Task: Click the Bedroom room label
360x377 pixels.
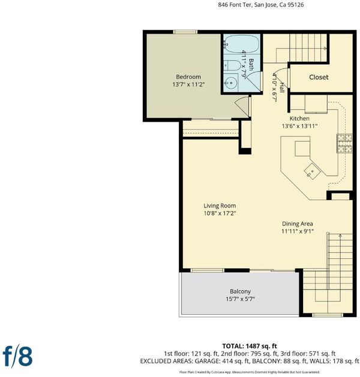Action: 188,77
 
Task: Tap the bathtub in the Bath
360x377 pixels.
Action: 241,44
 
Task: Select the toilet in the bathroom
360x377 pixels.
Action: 232,65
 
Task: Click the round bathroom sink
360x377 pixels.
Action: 231,83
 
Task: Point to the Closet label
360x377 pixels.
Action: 319,77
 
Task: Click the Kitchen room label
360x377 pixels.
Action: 299,118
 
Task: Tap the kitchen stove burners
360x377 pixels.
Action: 344,143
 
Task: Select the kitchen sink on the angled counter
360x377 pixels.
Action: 312,171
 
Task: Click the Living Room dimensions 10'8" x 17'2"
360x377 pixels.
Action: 220,213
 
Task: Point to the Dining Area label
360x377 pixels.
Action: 298,224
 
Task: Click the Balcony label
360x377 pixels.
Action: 240,291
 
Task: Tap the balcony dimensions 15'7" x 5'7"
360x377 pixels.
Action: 240,299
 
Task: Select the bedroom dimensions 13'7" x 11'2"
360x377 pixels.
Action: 188,85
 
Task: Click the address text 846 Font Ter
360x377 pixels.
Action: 235,5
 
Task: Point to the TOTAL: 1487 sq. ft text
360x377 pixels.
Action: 250,346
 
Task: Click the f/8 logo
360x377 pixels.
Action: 17,357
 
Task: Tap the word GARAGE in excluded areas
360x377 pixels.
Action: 207,361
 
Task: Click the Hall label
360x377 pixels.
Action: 281,88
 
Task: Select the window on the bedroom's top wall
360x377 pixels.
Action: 185,32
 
